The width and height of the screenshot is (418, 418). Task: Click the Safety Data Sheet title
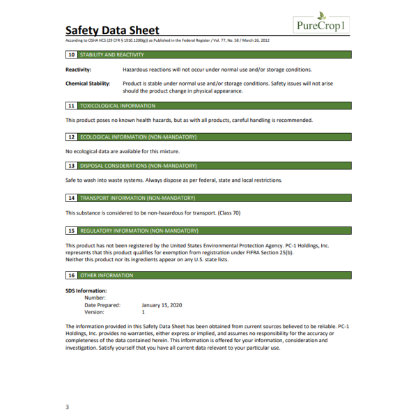click(112, 31)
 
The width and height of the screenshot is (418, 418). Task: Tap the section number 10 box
click(71, 54)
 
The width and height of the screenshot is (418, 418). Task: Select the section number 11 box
click(71, 106)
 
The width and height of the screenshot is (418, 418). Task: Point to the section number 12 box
click(71, 137)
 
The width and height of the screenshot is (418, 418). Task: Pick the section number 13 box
click(71, 166)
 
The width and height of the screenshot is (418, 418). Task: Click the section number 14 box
click(71, 198)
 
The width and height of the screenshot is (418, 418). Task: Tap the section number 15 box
click(71, 230)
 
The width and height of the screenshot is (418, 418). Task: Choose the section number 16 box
click(71, 275)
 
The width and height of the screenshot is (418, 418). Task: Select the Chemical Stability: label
click(88, 84)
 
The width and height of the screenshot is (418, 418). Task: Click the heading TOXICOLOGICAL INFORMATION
click(118, 106)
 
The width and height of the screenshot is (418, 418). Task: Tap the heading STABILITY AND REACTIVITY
click(112, 54)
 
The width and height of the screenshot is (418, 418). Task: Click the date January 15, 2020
click(161, 305)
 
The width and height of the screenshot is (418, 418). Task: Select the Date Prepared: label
click(102, 305)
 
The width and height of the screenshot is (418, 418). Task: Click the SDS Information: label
click(86, 291)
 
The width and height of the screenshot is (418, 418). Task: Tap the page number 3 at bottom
click(67, 406)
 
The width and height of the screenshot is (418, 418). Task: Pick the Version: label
click(95, 312)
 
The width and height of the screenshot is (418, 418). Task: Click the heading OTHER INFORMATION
click(106, 275)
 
